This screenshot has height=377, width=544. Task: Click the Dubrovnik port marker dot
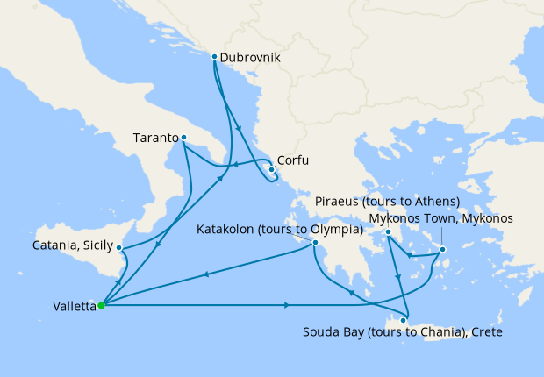(x=214, y=57)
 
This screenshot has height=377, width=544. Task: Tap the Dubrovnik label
(x=250, y=58)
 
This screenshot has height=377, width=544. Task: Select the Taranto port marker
(x=183, y=138)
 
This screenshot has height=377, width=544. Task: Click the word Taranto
(x=155, y=138)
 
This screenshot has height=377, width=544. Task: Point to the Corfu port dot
(x=270, y=171)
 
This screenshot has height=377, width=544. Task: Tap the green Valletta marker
(x=101, y=305)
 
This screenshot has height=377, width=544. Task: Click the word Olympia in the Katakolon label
(x=336, y=230)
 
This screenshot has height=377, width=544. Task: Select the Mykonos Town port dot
(x=442, y=250)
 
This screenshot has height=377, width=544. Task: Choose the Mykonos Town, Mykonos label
(x=440, y=217)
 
